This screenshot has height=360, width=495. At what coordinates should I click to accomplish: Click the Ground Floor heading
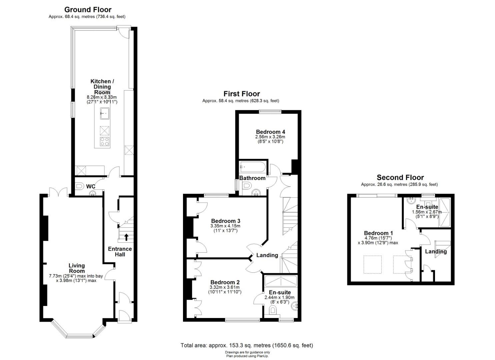[88, 10]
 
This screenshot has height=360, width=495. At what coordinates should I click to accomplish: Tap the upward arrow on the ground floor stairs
[126, 237]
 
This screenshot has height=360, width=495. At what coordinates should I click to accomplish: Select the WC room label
[91, 187]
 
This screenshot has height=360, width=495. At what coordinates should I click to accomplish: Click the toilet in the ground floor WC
[79, 186]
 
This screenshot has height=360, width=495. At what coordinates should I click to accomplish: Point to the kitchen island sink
[105, 113]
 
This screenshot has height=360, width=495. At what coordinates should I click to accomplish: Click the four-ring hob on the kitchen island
[105, 142]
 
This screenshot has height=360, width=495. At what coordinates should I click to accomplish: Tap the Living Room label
[77, 268]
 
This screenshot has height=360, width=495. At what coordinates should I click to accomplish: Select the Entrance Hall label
[120, 251]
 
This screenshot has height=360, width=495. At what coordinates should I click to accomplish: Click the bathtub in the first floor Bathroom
[253, 167]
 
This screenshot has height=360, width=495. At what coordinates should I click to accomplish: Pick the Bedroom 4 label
[270, 132]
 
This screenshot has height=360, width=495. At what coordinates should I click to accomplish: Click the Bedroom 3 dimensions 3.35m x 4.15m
[225, 226]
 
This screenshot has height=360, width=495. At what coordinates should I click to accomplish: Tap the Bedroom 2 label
[225, 282]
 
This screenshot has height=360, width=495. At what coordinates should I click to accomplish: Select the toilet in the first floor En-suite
[273, 310]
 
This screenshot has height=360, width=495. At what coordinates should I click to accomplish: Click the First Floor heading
[242, 94]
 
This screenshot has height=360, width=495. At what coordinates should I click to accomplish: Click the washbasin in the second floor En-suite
[411, 200]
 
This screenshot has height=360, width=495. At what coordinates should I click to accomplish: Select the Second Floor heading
[400, 177]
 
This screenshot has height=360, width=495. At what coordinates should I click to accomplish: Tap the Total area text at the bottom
[247, 345]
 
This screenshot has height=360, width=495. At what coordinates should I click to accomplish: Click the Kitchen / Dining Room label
[102, 87]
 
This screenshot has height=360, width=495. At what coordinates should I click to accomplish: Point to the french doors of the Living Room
[58, 192]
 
